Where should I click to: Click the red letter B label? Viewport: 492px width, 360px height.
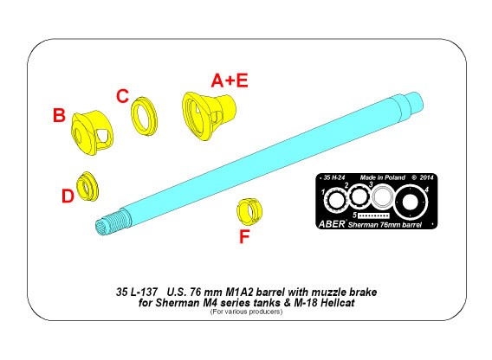click(59, 115)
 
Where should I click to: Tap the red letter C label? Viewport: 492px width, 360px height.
click(122, 96)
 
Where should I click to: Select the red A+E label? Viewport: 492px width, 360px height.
click(230, 80)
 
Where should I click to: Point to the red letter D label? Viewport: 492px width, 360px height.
click(68, 196)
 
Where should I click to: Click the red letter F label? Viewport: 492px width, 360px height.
click(244, 236)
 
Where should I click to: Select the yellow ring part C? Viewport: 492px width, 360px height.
click(144, 116)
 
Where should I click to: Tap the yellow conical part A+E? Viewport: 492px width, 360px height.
click(209, 115)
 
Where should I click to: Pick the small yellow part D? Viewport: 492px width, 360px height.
click(87, 187)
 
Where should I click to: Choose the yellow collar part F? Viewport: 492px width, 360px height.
click(249, 212)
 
